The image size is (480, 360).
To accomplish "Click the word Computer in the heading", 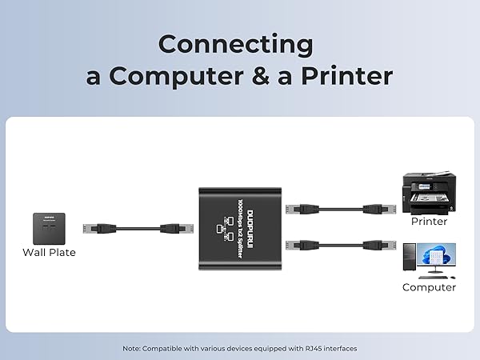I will point(190,75).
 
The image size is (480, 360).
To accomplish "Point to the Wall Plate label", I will point(48,254).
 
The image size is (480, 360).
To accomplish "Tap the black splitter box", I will point(240,228).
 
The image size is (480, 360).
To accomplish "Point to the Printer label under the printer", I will point(429,221).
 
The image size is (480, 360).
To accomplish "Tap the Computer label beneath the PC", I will point(429,287).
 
